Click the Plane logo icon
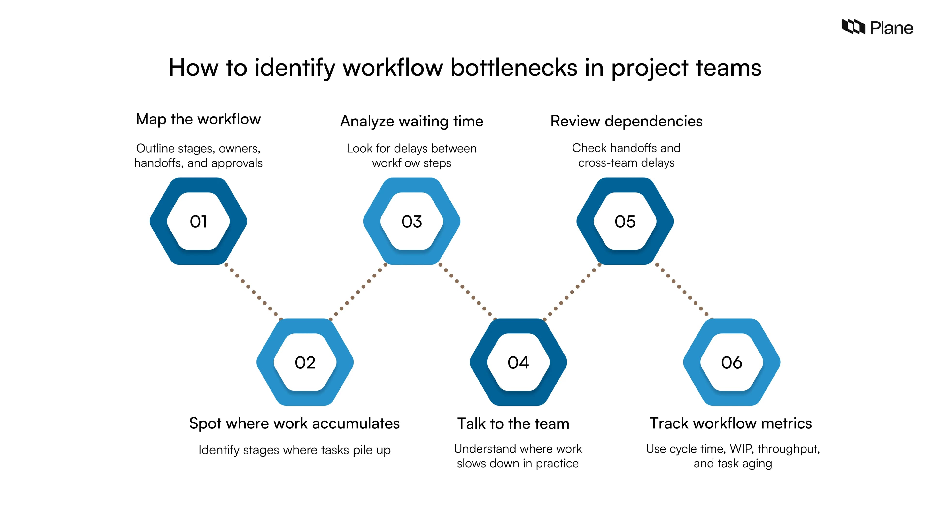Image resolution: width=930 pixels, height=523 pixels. (853, 27)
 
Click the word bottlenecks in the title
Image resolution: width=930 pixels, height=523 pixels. (514, 68)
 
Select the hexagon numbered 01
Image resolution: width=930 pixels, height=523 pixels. (198, 221)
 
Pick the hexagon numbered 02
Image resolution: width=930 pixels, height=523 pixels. (305, 362)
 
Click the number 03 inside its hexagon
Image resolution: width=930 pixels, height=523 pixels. (411, 222)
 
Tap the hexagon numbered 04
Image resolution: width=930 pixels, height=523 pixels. (518, 362)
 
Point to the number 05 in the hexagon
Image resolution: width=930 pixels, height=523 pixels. (625, 222)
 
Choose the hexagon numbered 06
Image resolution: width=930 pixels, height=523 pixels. (731, 362)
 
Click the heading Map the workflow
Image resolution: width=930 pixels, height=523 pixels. (198, 119)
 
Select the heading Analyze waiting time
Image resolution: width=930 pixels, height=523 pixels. (411, 121)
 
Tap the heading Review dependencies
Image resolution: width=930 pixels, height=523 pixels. (626, 121)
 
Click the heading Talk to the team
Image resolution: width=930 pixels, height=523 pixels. (513, 424)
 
